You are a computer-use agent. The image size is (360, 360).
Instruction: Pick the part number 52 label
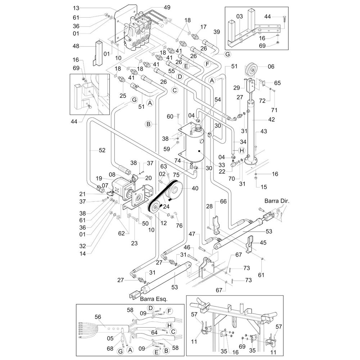click(102, 150)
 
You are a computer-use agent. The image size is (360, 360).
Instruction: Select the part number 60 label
click(170, 116)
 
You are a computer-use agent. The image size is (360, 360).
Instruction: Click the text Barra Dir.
click(275, 201)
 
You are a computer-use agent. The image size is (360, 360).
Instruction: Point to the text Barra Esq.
click(149, 299)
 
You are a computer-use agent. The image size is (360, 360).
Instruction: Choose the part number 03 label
click(240, 16)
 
